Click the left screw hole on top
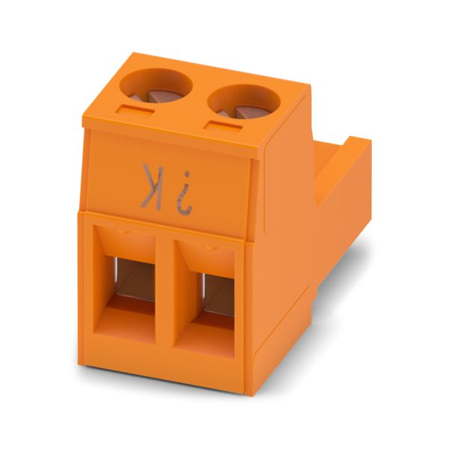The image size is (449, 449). coord(156,85)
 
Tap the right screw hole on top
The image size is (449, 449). coord(244,101)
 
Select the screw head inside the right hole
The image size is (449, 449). coord(247,112)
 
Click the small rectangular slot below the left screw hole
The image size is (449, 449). coord(135,110)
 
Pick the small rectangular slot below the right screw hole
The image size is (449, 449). coord(224,126)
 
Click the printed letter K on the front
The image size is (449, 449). coord(152,186)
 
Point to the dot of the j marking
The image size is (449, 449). coord(187,174)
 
